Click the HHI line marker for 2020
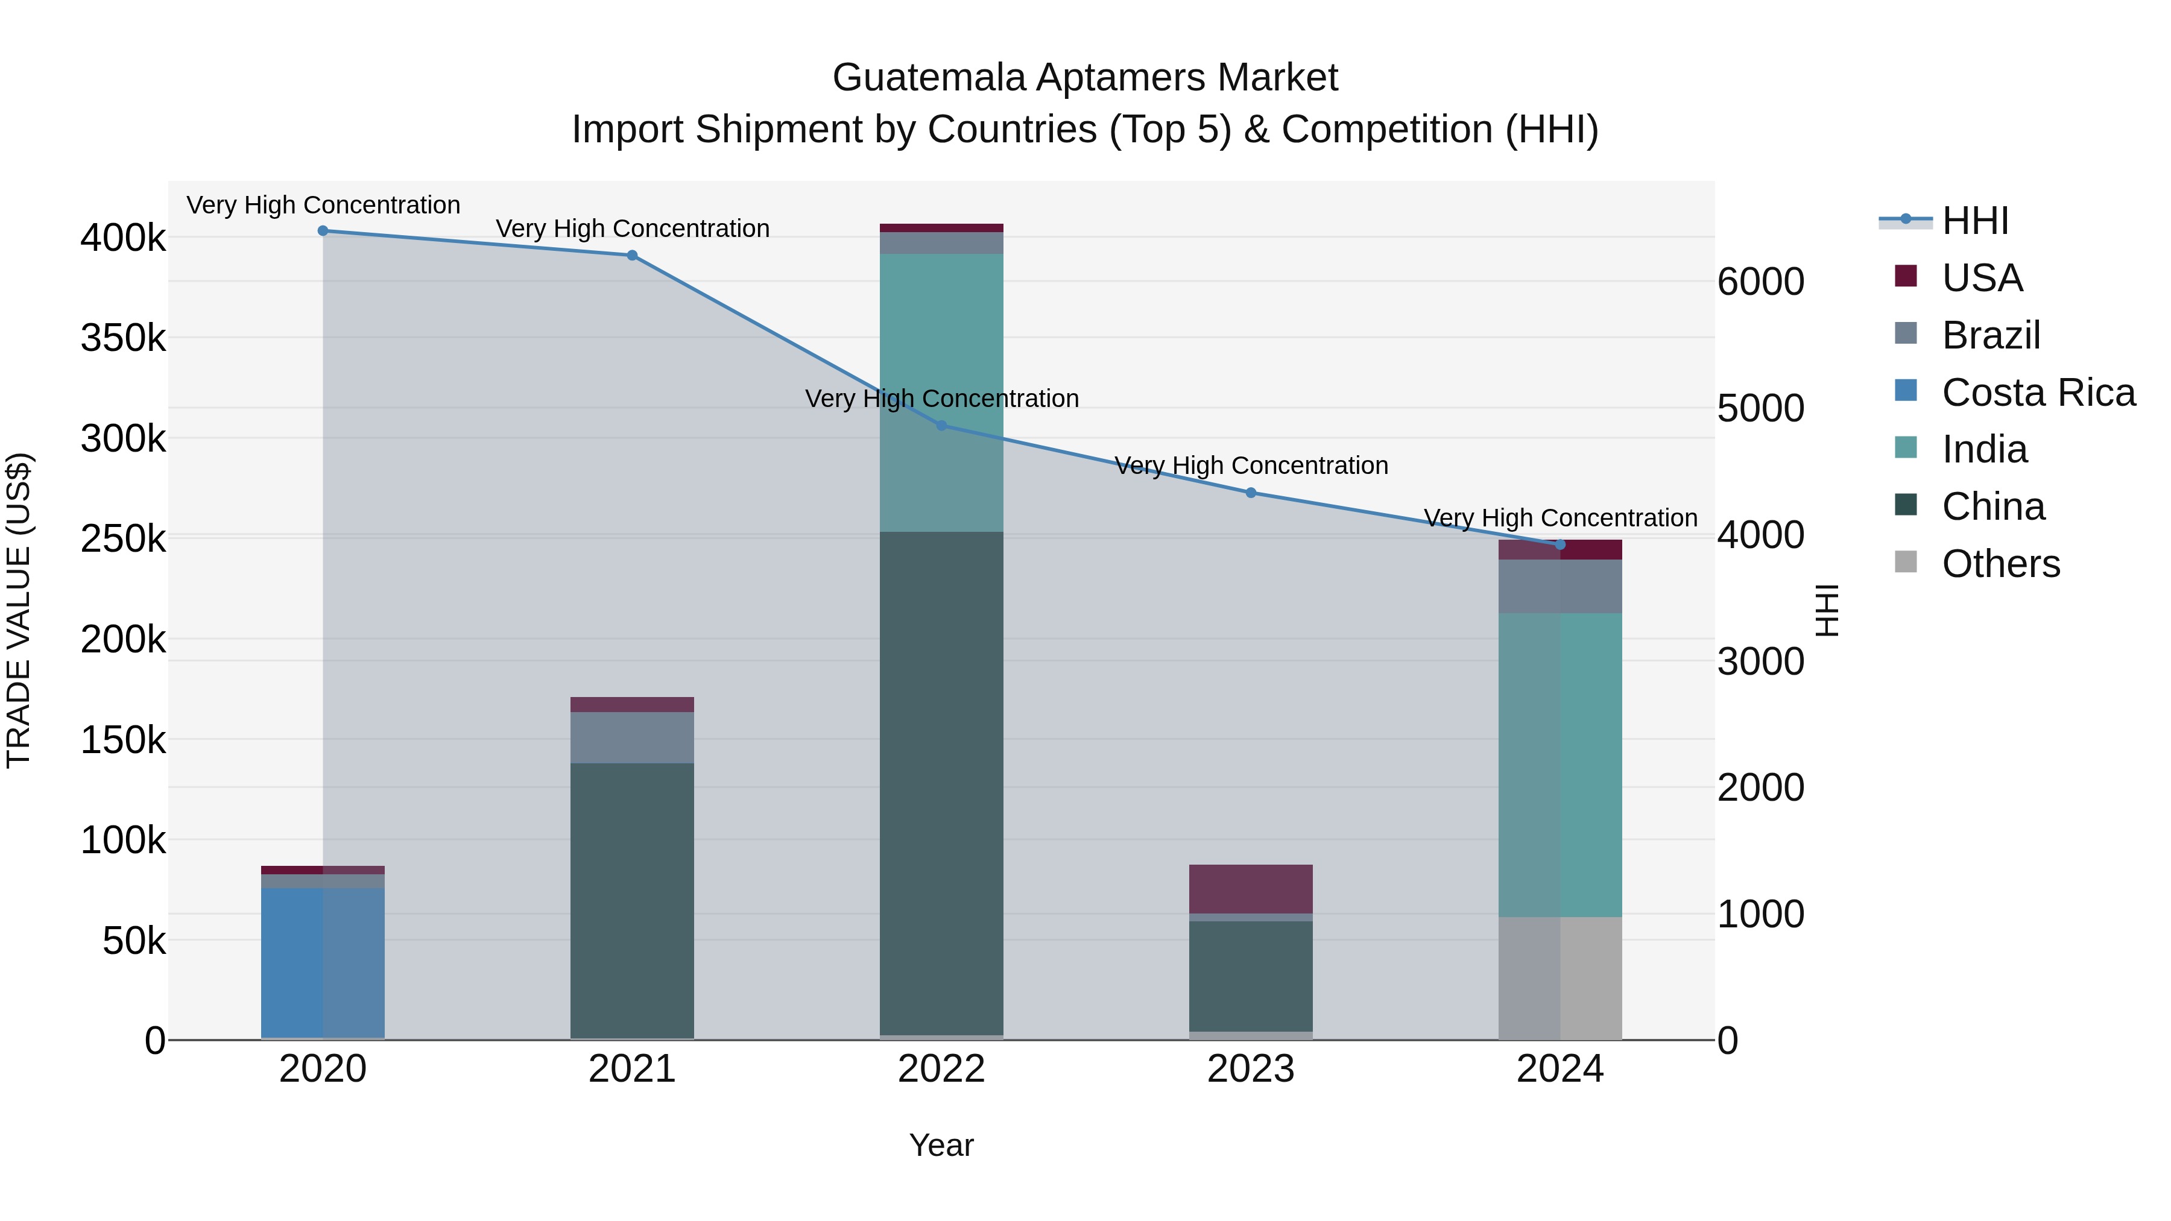323,231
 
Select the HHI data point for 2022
941,426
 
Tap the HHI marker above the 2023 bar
1251,493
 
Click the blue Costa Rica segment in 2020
323,961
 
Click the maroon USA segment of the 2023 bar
1251,888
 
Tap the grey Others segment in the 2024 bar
1560,977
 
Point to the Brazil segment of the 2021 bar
632,737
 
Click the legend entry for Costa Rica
2038,393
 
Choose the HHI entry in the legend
1974,221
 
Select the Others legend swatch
1906,562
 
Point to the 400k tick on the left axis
123,238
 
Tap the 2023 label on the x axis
1251,1069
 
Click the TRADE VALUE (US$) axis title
19,610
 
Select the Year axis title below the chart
941,1145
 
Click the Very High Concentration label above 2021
632,229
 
